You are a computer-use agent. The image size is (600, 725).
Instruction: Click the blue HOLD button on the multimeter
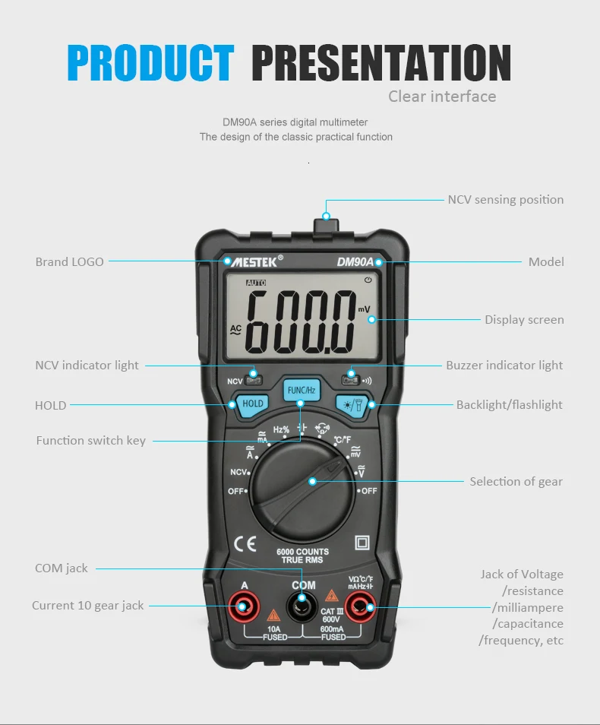coord(252,404)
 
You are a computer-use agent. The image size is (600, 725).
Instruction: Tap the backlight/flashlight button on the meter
coord(352,406)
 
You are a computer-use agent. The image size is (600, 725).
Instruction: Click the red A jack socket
coord(244,606)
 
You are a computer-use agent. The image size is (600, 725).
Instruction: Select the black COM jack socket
coord(302,606)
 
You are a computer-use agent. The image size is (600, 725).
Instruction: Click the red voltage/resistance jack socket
coord(361,606)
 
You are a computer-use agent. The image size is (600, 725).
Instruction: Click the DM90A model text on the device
coord(355,262)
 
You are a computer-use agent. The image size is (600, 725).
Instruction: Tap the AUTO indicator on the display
coord(256,283)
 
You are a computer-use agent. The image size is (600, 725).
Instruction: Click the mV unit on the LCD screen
coord(364,309)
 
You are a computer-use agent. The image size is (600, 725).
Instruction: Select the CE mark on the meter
coord(245,544)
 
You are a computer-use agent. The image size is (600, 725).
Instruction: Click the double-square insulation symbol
coord(362,543)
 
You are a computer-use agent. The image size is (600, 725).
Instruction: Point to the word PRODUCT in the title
coord(150,63)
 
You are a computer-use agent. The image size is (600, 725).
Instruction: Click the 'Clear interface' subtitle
coord(442,97)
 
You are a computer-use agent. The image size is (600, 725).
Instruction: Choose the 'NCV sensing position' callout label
coord(506,200)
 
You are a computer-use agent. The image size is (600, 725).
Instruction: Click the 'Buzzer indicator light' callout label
coord(504,366)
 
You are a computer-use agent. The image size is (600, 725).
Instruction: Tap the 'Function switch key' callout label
coord(90,441)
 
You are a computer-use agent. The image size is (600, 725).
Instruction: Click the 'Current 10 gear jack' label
coord(88,606)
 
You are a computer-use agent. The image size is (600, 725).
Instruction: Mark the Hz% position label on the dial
coord(281,429)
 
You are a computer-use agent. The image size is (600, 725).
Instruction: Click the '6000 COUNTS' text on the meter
coord(303,552)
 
